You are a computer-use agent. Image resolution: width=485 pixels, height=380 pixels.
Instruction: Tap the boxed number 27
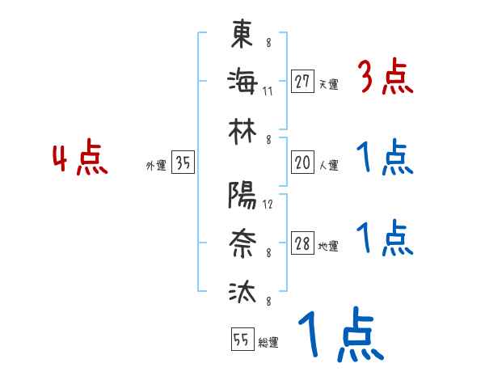302,81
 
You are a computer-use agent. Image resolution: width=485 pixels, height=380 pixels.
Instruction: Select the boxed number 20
302,163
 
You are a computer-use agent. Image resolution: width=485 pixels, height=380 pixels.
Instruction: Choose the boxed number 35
183,163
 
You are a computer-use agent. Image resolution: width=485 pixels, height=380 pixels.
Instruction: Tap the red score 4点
80,158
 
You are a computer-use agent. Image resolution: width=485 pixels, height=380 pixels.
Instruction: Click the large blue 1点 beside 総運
339,336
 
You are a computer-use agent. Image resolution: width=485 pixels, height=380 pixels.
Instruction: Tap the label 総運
268,343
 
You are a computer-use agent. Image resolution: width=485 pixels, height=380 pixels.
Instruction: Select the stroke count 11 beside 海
268,91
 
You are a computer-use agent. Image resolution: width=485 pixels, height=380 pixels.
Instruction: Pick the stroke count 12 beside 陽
268,204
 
